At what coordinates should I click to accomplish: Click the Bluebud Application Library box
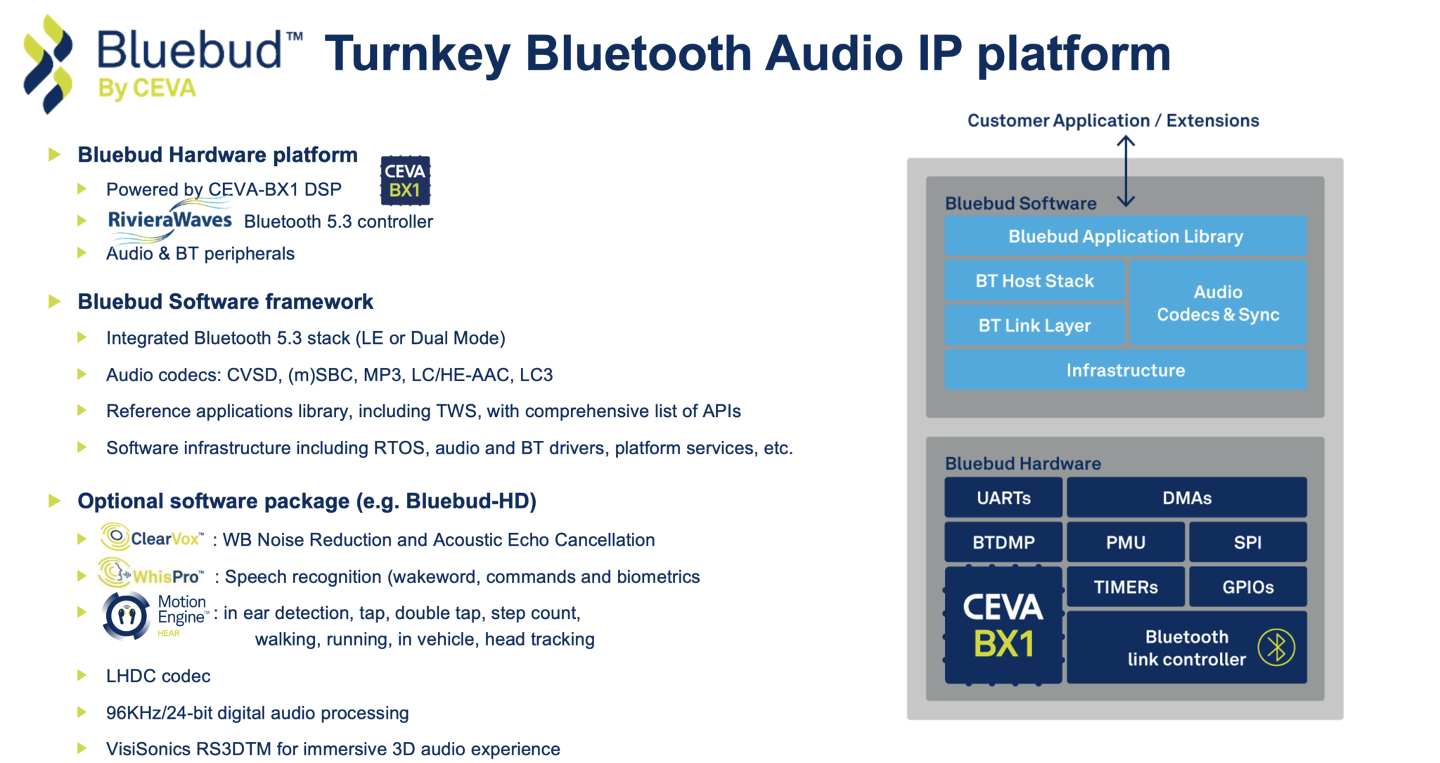pos(1125,236)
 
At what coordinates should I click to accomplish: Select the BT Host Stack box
pos(1034,281)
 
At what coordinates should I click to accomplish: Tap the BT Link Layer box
pos(1034,326)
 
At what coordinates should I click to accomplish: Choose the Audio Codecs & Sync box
pos(1218,303)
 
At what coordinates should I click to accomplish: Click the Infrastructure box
pos(1125,371)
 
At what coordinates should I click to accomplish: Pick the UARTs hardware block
pos(1003,498)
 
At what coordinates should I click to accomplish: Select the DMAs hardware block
pos(1187,498)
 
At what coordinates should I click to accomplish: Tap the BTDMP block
pos(1003,542)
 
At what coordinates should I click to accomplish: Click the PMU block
pos(1126,542)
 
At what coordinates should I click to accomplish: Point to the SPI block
pos(1248,542)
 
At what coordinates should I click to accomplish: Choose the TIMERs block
pos(1126,587)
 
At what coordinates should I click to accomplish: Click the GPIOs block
pos(1248,587)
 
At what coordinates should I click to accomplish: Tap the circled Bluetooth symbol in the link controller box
pos(1276,648)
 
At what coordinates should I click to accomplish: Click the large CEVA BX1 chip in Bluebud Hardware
pos(1003,625)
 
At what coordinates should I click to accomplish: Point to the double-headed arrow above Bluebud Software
pos(1126,171)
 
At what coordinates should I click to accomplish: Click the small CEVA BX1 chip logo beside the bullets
pos(405,181)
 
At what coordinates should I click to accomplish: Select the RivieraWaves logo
pos(169,220)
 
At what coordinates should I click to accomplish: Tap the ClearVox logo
pos(152,538)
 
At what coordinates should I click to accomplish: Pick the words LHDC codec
pos(158,676)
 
